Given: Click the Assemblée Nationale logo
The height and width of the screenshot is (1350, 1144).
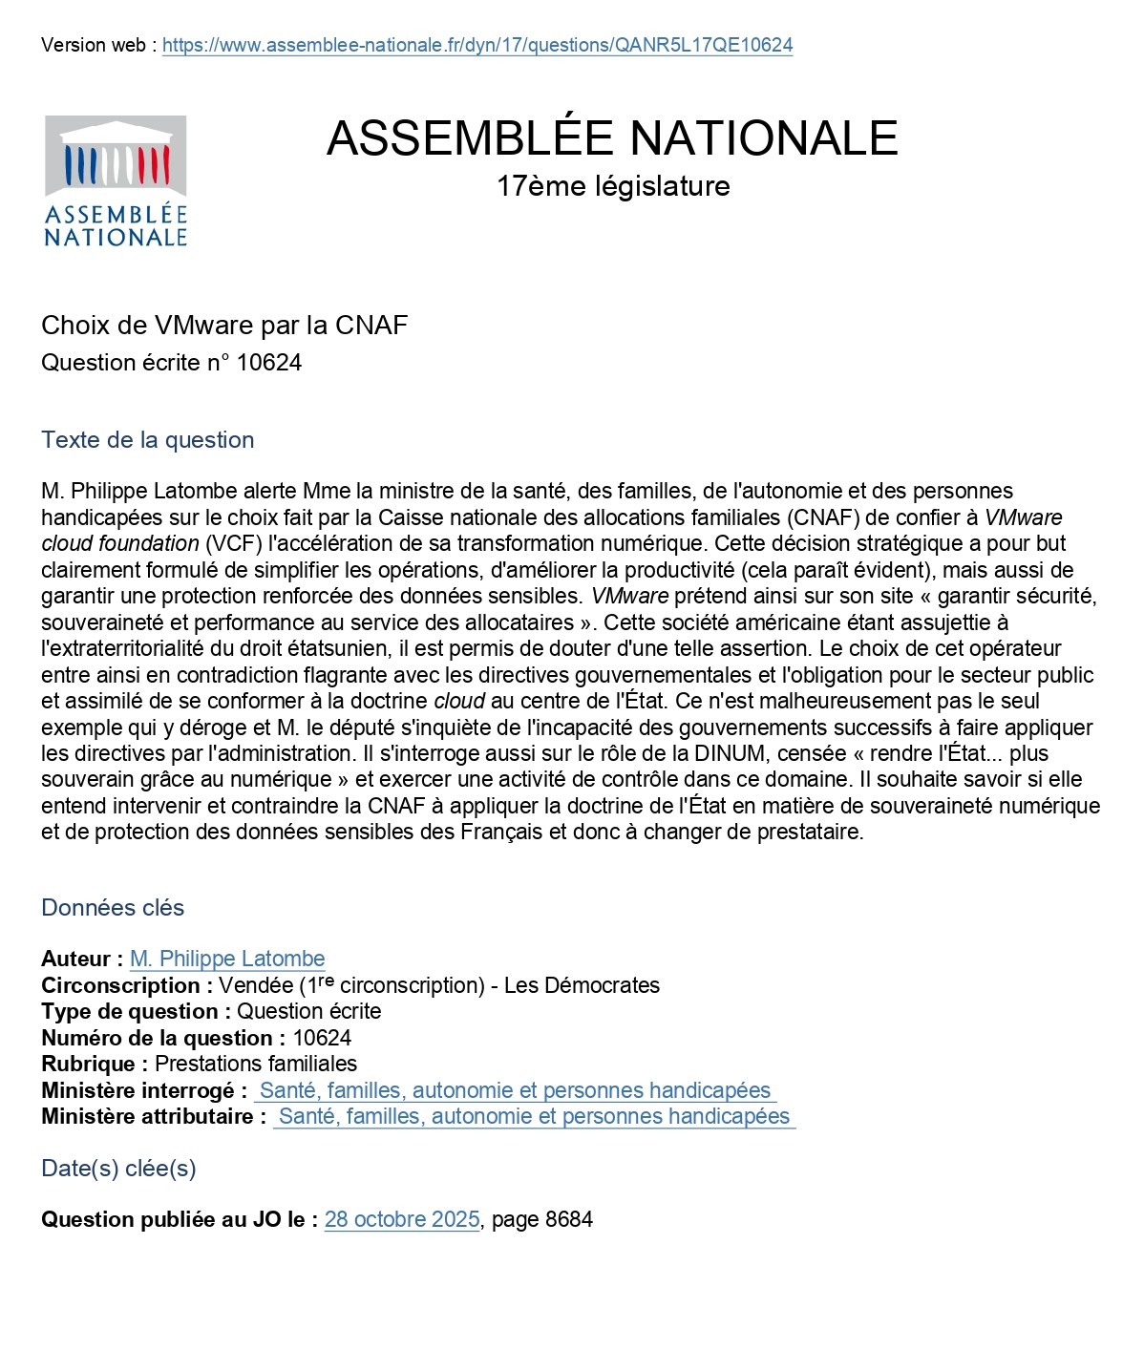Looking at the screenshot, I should pyautogui.click(x=116, y=181).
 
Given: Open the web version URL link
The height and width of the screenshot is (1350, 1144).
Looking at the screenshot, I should pyautogui.click(x=477, y=45).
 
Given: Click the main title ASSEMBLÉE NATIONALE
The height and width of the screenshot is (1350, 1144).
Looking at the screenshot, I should pyautogui.click(x=612, y=137).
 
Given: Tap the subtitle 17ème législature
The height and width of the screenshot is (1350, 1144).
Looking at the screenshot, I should pyautogui.click(x=612, y=186).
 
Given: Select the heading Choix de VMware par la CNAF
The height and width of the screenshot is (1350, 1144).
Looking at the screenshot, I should pyautogui.click(x=224, y=326).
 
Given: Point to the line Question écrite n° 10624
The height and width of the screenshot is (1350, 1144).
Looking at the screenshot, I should pyautogui.click(x=171, y=363).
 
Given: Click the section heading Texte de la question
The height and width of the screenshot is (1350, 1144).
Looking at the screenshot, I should pyautogui.click(x=148, y=440).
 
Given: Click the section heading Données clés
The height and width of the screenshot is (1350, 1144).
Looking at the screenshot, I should pyautogui.click(x=113, y=908).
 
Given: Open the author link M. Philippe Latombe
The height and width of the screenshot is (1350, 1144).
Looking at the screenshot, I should pyautogui.click(x=227, y=959).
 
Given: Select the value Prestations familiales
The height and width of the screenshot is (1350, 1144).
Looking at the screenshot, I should pyautogui.click(x=256, y=1064).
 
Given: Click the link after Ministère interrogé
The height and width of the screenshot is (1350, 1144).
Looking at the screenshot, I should pyautogui.click(x=515, y=1090).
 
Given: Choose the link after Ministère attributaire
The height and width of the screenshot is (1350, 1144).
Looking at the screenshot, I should pyautogui.click(x=534, y=1116).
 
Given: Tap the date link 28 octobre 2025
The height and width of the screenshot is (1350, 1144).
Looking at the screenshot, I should pyautogui.click(x=402, y=1219).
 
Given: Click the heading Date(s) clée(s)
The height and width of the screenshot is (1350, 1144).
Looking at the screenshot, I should pyautogui.click(x=118, y=1169).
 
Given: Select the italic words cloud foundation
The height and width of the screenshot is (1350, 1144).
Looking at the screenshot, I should pyautogui.click(x=120, y=543).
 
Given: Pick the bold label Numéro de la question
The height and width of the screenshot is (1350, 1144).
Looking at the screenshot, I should pyautogui.click(x=163, y=1038).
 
